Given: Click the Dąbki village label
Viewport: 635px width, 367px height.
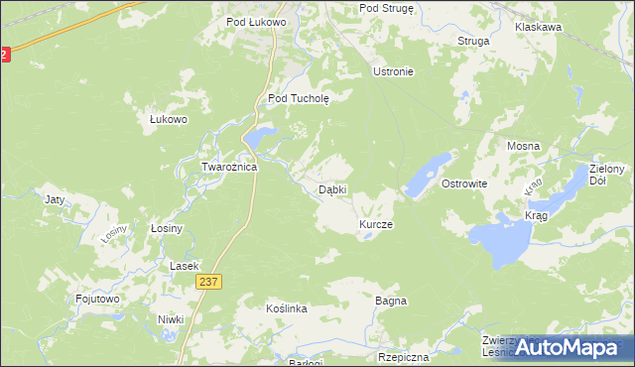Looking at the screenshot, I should click(331, 189).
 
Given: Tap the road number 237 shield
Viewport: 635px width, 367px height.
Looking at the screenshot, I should click(208, 283).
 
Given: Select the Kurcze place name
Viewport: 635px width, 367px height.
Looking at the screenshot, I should click(376, 225).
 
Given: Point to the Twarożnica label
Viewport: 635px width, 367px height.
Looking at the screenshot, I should click(230, 168).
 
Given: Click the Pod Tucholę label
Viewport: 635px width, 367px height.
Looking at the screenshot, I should click(306, 98).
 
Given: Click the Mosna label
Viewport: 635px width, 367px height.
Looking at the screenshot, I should click(523, 146).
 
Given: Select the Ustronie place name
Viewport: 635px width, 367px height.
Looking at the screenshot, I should click(392, 71).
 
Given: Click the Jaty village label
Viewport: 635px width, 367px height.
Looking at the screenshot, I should click(55, 199).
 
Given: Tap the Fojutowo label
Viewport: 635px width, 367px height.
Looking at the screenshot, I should click(97, 298).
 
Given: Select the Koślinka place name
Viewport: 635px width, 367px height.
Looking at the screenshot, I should click(287, 309).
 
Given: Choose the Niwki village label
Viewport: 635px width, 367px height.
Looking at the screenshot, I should click(172, 319).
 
